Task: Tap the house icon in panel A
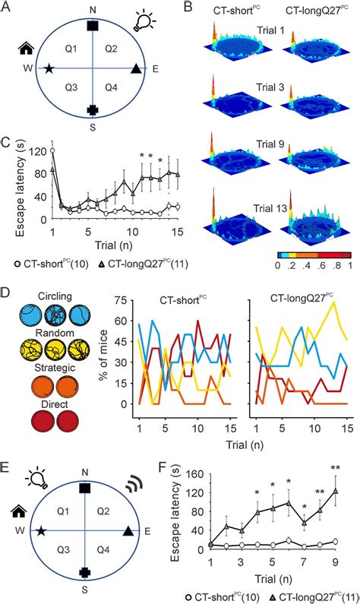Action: point(27,50)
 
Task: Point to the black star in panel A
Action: point(50,70)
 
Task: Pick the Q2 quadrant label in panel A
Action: point(111,49)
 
